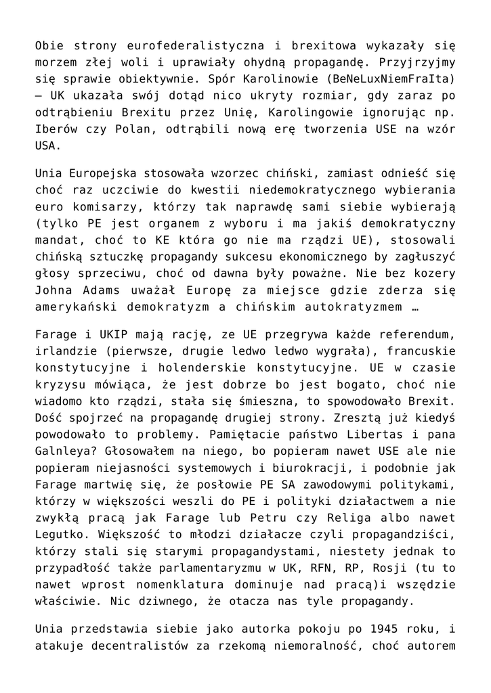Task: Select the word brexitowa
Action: (x=320, y=46)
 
